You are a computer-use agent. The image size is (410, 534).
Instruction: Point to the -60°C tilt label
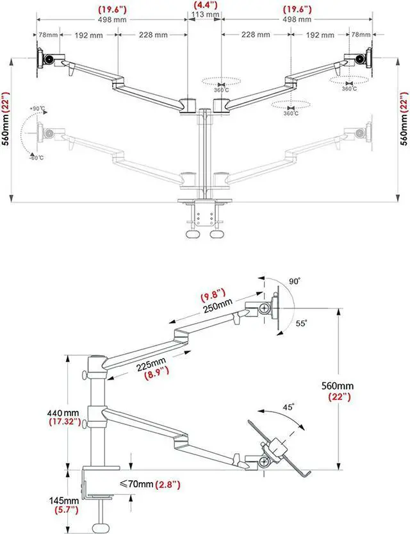(36, 158)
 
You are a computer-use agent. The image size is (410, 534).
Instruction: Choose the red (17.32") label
(64, 422)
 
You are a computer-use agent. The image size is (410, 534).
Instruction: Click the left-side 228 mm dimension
(151, 35)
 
